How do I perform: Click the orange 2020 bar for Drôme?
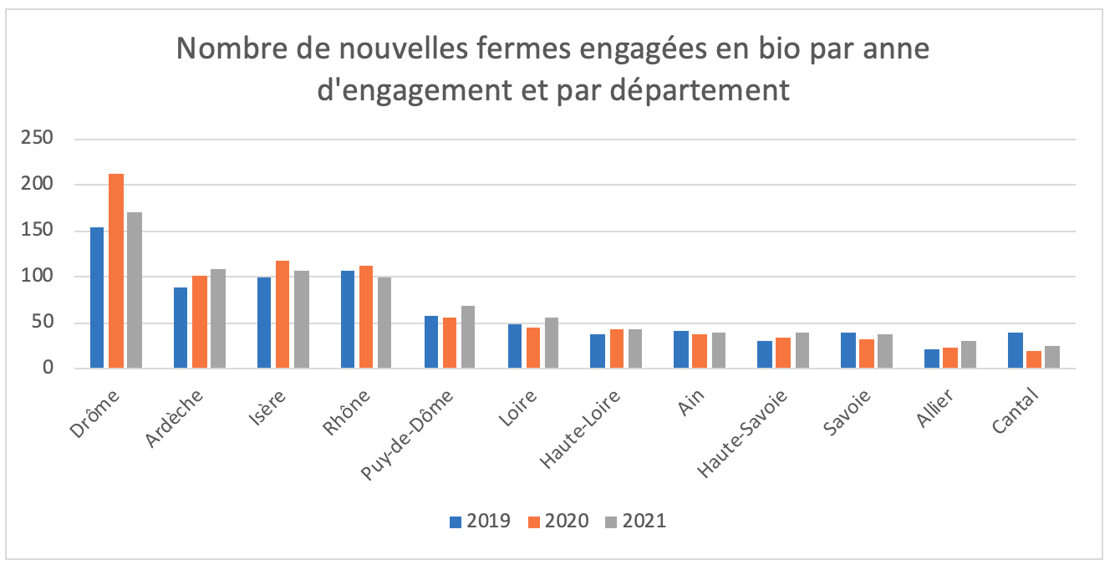[116, 271]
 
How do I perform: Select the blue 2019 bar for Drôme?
[97, 298]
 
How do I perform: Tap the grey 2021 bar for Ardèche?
[218, 318]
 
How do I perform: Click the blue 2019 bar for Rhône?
[348, 319]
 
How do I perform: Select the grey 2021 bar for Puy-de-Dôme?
[468, 337]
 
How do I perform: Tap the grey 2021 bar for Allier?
[968, 354]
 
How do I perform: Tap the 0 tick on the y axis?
[48, 369]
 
